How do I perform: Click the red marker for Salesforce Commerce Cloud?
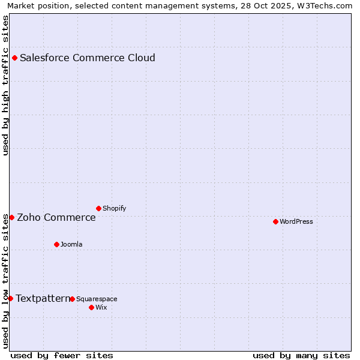point(14,58)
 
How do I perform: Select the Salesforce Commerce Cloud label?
point(88,58)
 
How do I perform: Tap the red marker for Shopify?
point(98,208)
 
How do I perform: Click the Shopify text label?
point(114,209)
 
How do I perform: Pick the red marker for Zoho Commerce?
point(11,217)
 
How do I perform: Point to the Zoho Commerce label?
point(56,218)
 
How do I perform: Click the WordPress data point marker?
point(275,221)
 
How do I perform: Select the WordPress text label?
point(296,222)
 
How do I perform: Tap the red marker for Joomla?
point(56,244)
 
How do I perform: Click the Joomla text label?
point(71,245)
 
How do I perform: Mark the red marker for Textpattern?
point(10,298)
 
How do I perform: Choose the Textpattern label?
point(43,299)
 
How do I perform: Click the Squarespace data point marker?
point(72,299)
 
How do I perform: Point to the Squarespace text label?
point(97,299)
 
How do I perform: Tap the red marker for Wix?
point(91,307)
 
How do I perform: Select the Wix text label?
point(101,308)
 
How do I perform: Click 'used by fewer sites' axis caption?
point(61,355)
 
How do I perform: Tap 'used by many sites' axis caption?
point(301,355)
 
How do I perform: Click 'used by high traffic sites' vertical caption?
point(6,85)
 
